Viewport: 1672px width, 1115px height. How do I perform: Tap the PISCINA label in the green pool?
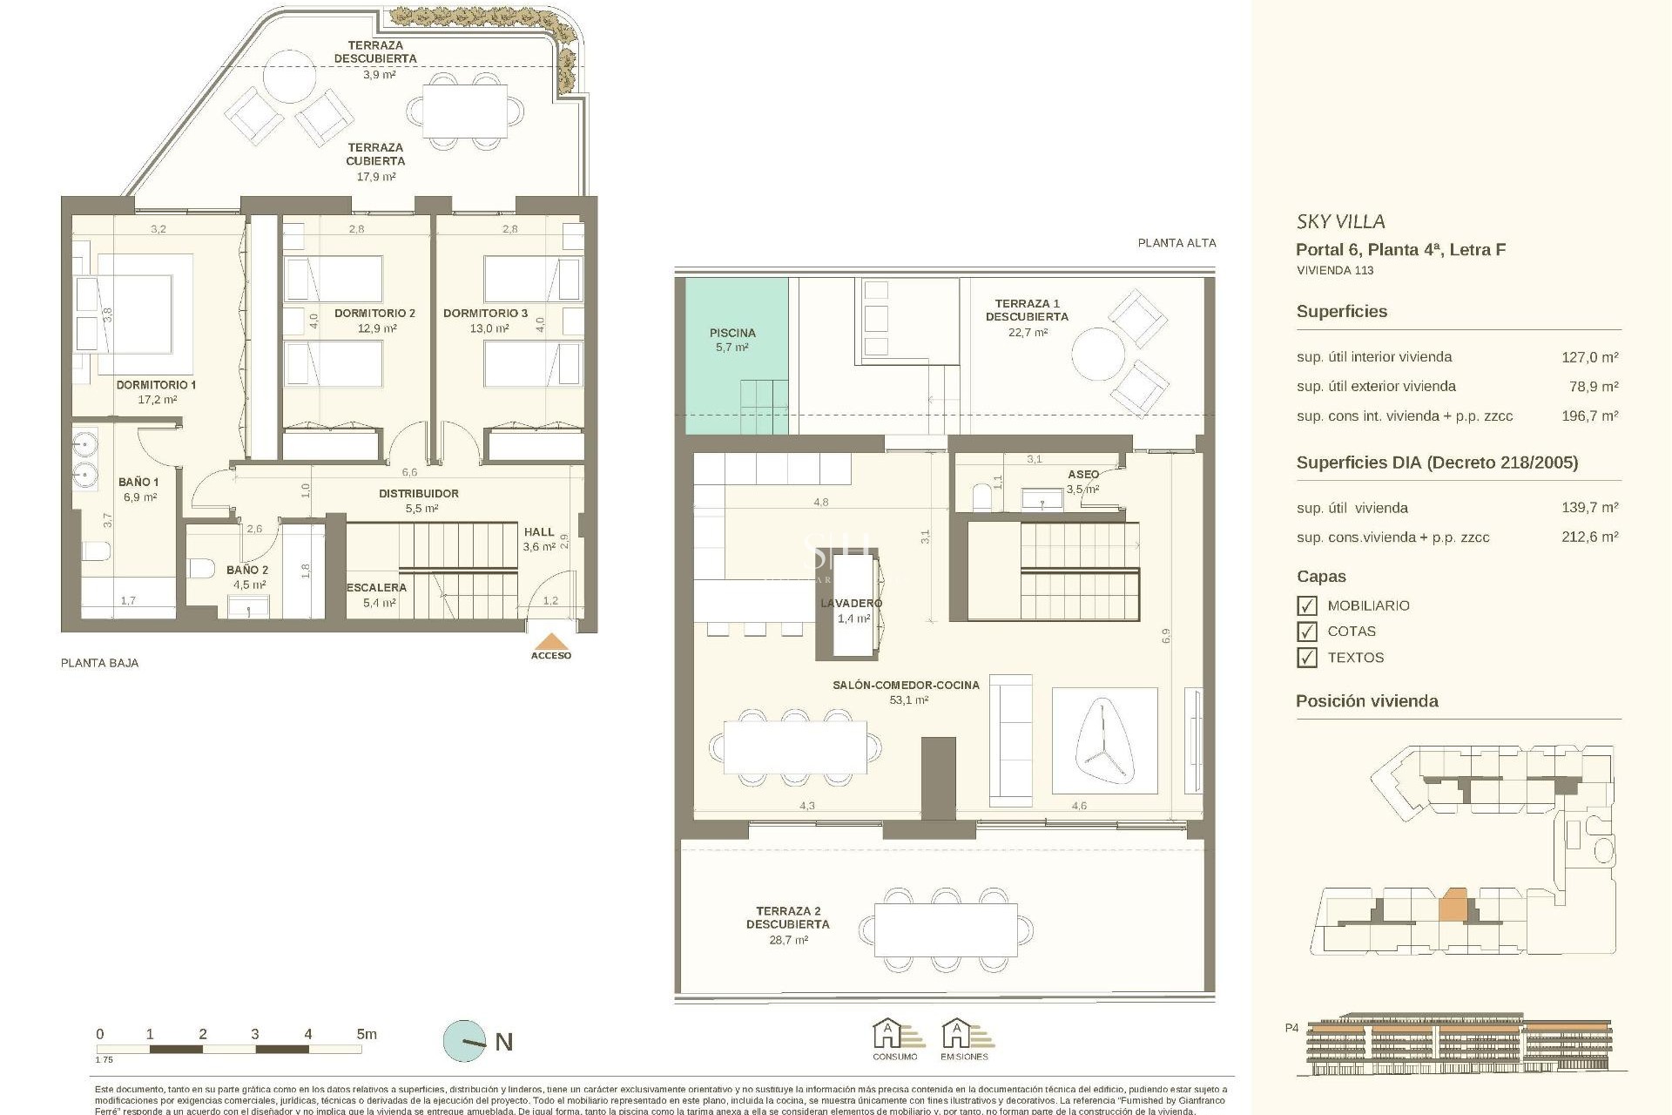732,333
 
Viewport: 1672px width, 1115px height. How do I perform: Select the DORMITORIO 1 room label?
157,384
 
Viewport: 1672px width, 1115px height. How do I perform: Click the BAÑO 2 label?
247,570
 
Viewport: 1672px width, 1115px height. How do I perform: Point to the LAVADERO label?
851,603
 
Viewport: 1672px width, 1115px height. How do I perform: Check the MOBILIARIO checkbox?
1306,605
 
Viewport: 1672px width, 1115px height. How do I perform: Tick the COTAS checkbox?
1306,632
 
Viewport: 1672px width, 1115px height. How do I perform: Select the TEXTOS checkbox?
1306,658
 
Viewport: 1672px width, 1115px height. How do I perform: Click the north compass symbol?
465,1041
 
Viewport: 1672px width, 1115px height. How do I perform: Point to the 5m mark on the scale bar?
366,1035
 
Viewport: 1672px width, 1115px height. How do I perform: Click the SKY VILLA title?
1340,221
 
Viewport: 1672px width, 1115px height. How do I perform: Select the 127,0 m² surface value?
1589,356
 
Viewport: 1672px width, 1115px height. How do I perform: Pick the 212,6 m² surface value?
1589,537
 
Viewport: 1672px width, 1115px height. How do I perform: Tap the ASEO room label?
1083,474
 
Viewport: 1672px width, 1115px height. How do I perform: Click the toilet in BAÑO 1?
96,551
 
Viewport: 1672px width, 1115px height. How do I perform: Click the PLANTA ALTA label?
1176,243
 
